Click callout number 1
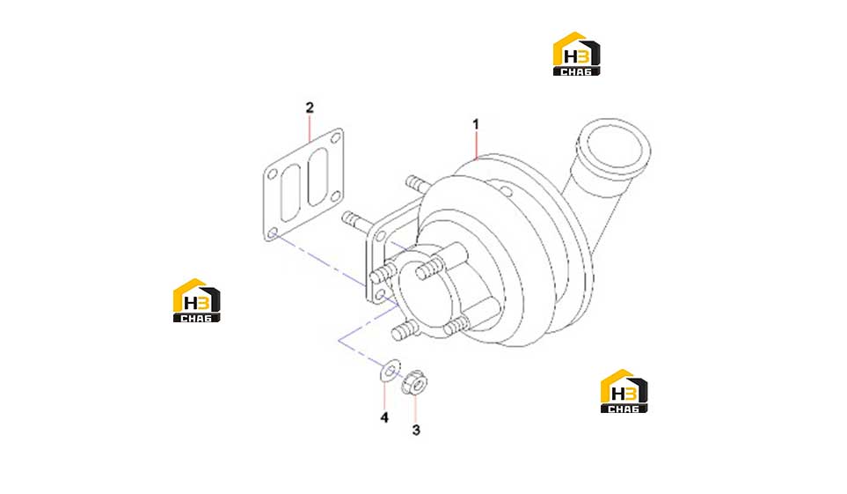tap(475, 124)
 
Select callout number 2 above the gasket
tap(310, 107)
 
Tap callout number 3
tap(416, 430)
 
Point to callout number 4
tap(384, 417)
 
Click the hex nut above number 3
tap(414, 382)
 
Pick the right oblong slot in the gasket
tap(318, 176)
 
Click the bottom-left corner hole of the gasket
tap(273, 233)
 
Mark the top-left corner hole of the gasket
tap(273, 174)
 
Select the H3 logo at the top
tap(576, 54)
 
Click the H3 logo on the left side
tap(197, 300)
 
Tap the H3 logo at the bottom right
tap(624, 391)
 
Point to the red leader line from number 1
tap(476, 145)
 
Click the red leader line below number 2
tap(310, 128)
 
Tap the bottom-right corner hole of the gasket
tap(335, 195)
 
